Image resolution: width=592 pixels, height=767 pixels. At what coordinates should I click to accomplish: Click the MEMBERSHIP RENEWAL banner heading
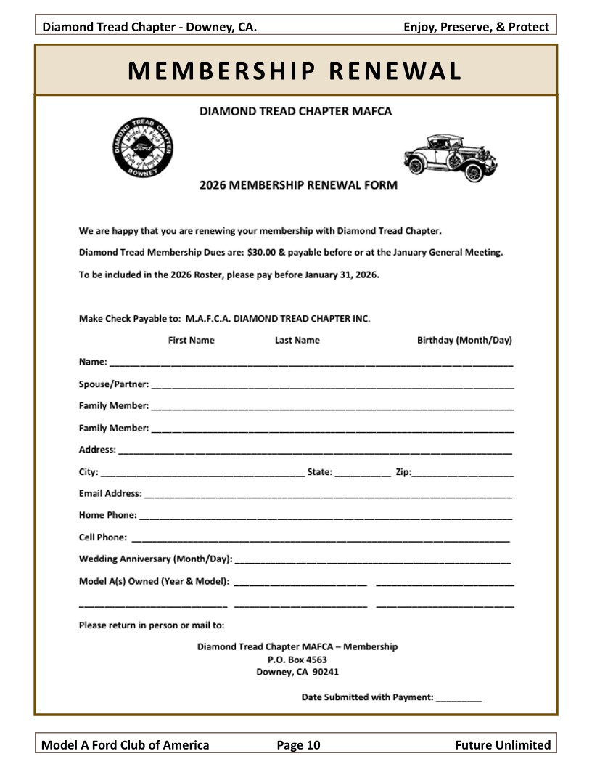[295, 70]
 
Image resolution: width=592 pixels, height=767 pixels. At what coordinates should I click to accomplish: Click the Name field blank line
[311, 363]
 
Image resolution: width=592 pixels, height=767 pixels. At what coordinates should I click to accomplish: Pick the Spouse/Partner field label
[113, 383]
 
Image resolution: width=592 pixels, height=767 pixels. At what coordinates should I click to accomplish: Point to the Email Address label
[110, 493]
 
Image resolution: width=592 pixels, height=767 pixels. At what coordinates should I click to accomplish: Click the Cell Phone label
[103, 537]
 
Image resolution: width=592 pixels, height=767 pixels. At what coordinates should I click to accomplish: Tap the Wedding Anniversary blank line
[373, 561]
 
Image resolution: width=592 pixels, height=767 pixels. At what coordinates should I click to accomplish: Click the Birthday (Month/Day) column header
[464, 340]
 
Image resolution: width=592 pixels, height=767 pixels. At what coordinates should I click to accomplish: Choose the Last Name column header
[297, 340]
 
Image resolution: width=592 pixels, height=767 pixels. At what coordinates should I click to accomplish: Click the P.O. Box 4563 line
[297, 660]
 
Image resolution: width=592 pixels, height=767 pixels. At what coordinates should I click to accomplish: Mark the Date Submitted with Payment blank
[459, 699]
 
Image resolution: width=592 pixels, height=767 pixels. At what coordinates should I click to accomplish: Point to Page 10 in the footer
[298, 744]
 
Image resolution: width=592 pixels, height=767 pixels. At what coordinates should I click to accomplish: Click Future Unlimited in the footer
[503, 744]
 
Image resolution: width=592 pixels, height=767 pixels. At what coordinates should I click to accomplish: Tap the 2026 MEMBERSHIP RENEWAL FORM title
[298, 185]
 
